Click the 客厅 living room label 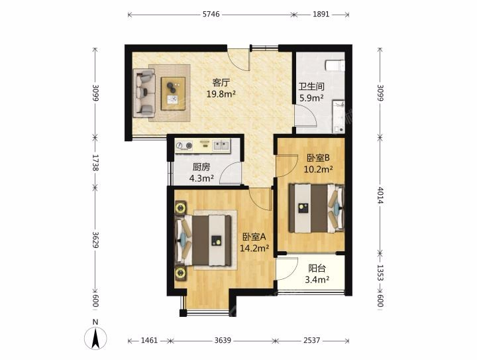point(221,82)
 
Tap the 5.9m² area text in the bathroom point(311,98)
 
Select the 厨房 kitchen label point(201,167)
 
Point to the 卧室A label point(254,237)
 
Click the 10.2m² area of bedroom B point(318,169)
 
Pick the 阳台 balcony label point(317,268)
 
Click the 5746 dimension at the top point(211,15)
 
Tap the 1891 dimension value point(321,15)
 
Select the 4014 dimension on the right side point(380,195)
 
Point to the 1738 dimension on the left point(95,162)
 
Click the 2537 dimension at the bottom point(311,340)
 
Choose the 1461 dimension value point(149,340)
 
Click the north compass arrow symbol point(95,338)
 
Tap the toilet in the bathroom point(335,66)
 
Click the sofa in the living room point(144,93)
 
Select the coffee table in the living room point(173,93)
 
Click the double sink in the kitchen point(221,145)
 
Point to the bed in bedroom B point(317,208)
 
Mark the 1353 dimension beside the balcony point(380,272)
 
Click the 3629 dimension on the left point(95,240)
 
